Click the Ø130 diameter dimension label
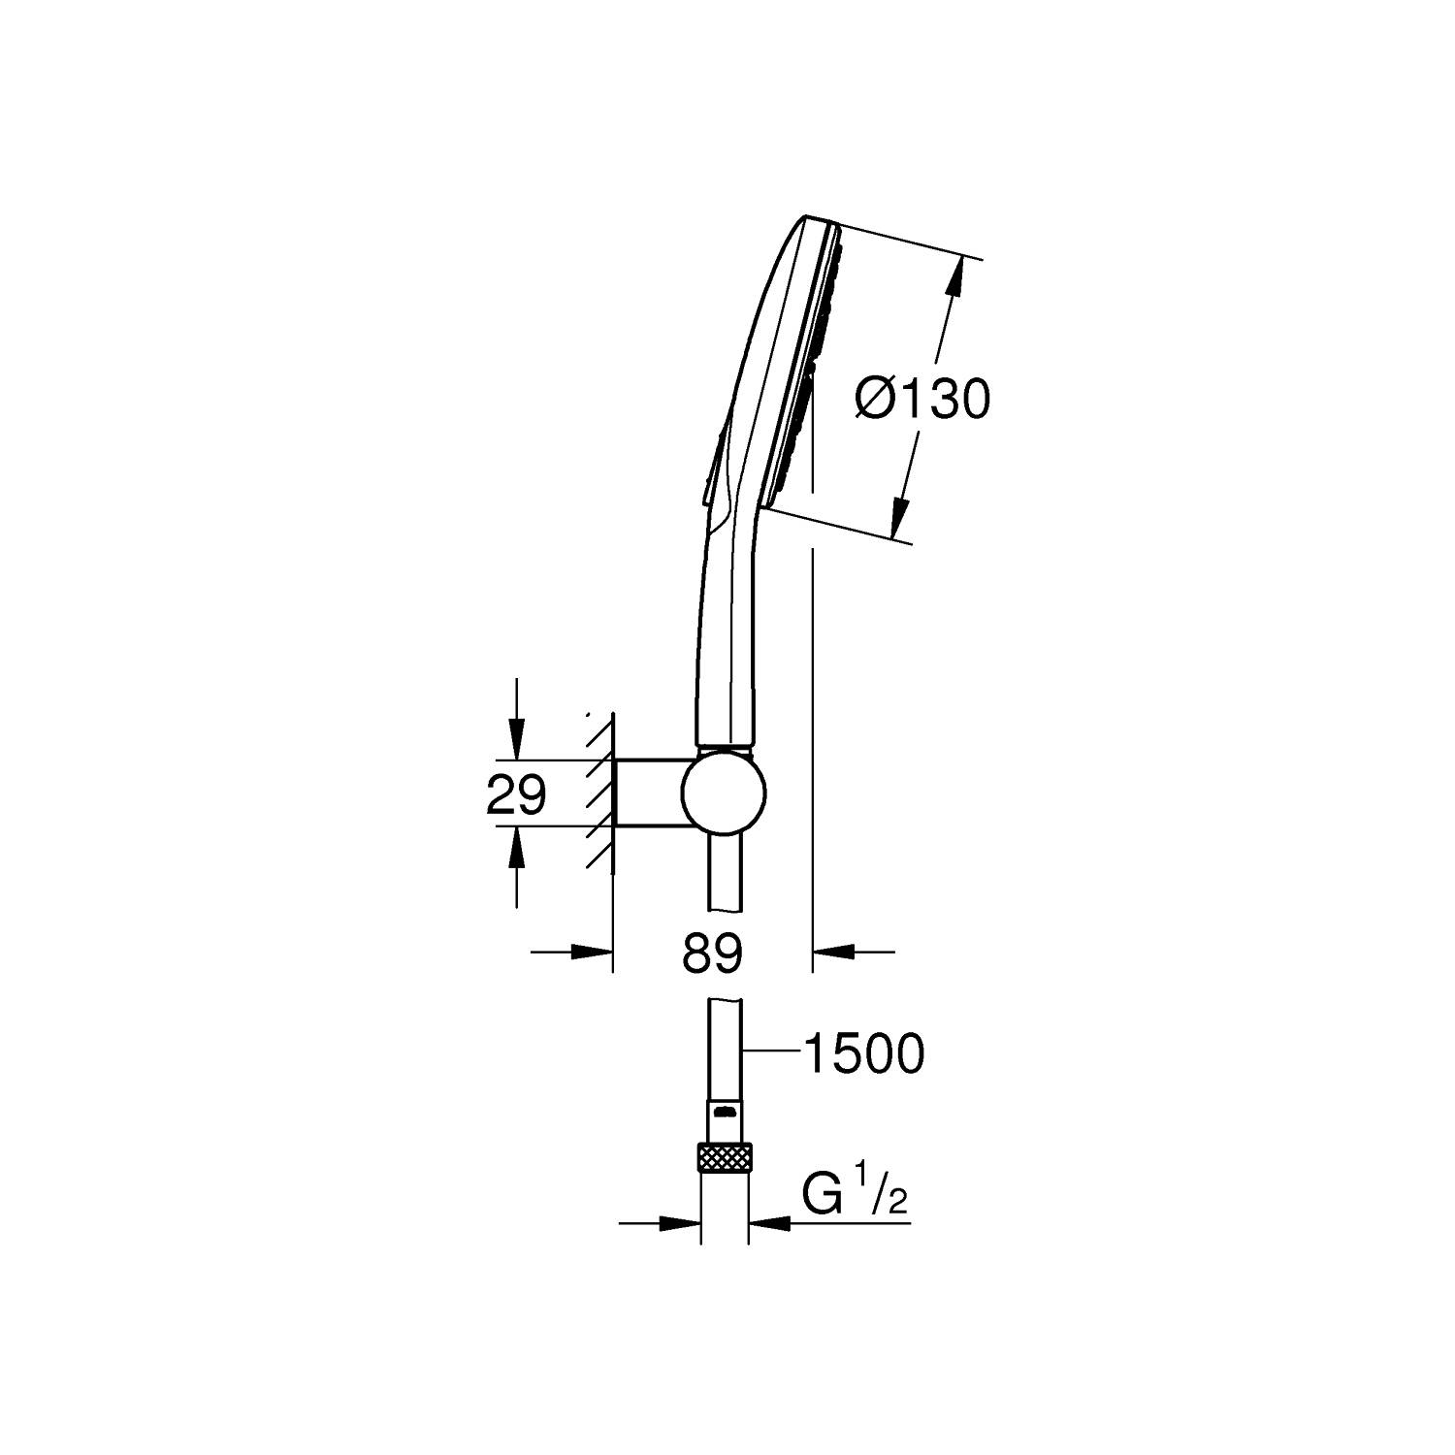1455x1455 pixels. click(x=922, y=399)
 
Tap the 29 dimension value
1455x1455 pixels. click(x=515, y=795)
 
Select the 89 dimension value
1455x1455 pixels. click(x=711, y=954)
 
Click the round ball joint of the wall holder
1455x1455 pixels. click(x=724, y=793)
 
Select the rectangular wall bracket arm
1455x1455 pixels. click(x=650, y=793)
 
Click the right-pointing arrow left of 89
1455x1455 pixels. click(x=593, y=953)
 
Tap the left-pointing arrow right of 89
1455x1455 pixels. click(x=831, y=953)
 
